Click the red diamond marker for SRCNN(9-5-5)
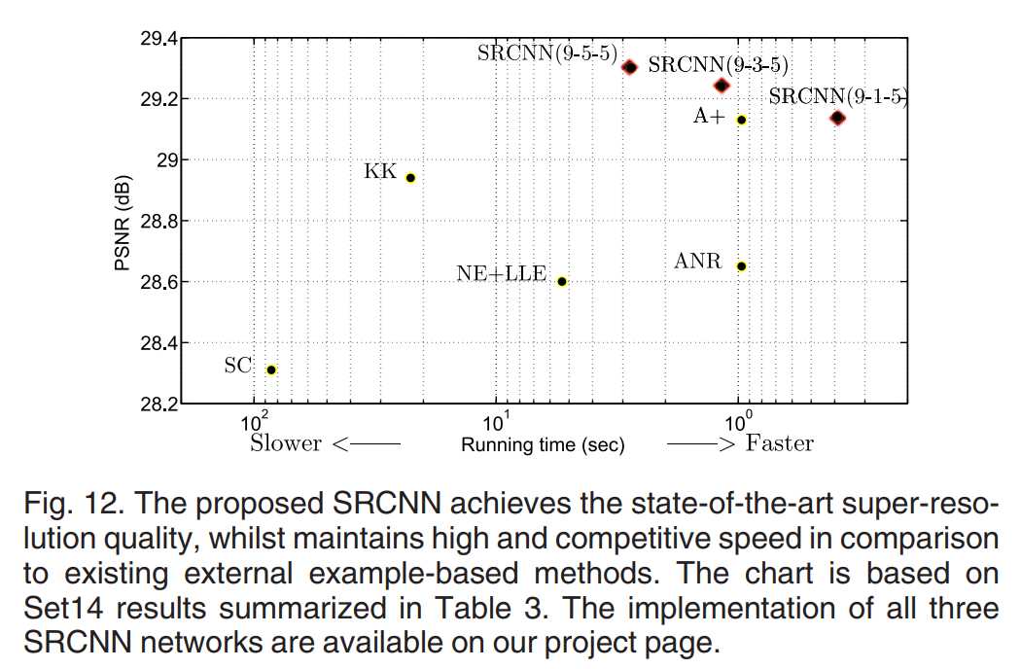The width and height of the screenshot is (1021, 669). pyautogui.click(x=629, y=67)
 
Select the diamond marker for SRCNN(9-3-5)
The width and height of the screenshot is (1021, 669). pyautogui.click(x=722, y=86)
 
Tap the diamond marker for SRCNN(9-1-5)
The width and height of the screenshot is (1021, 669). pyautogui.click(x=837, y=118)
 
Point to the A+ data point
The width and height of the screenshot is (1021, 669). pyautogui.click(x=741, y=120)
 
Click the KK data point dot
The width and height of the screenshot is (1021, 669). pyautogui.click(x=410, y=178)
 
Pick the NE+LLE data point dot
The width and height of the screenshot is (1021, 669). pyautogui.click(x=562, y=281)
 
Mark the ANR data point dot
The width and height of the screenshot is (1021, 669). pyautogui.click(x=741, y=265)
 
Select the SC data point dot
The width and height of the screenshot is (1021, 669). pyautogui.click(x=271, y=370)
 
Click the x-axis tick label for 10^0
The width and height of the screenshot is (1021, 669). pyautogui.click(x=738, y=424)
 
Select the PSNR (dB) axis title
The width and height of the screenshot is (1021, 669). pyautogui.click(x=124, y=221)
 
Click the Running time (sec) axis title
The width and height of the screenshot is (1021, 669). pyautogui.click(x=543, y=445)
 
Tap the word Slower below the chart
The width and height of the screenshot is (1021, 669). pyautogui.click(x=286, y=443)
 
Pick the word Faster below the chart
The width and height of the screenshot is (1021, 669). pyautogui.click(x=780, y=443)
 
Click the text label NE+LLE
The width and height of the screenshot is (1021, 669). pyautogui.click(x=501, y=274)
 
